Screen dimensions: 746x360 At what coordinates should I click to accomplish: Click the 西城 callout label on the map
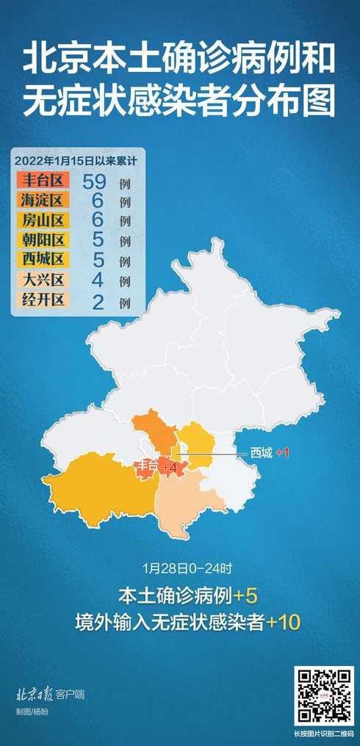coord(261,453)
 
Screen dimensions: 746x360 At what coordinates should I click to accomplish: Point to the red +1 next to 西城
coord(282,453)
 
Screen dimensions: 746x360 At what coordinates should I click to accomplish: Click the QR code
coord(324,695)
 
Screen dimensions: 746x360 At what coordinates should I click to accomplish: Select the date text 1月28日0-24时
coord(179,568)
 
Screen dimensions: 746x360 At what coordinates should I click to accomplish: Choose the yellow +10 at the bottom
coord(284,623)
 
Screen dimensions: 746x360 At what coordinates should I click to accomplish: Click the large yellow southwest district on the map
coord(96,485)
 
